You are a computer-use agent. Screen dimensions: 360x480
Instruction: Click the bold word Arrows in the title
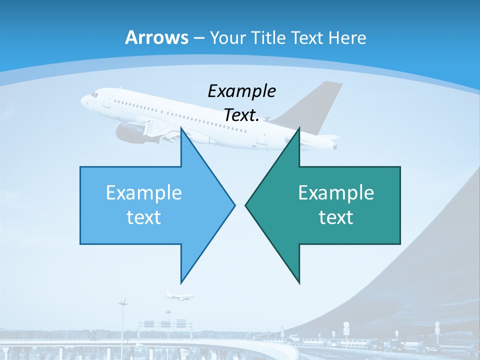[x=156, y=37]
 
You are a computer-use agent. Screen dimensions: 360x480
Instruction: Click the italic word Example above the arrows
[x=241, y=91]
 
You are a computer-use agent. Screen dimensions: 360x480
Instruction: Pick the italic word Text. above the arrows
[x=241, y=115]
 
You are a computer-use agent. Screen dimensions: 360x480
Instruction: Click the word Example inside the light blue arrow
[x=144, y=193]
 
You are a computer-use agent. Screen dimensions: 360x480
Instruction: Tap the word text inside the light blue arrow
[x=144, y=217]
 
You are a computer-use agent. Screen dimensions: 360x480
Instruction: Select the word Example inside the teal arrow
[x=336, y=193]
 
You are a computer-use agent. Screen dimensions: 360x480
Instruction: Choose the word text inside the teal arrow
[x=336, y=217]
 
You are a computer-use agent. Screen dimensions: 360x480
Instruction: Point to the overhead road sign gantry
[x=165, y=324]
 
